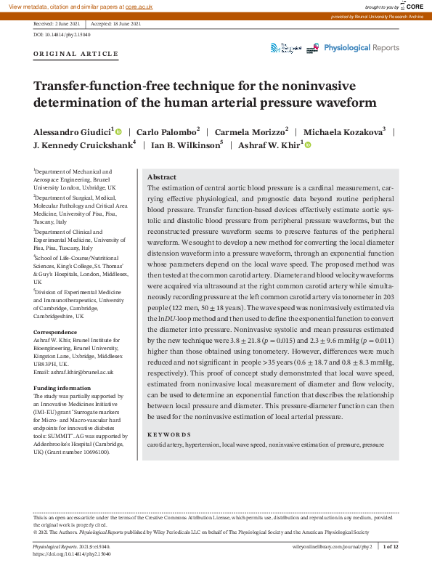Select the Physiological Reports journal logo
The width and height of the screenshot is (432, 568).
tap(361, 48)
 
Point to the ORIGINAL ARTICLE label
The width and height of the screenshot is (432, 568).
tap(76, 54)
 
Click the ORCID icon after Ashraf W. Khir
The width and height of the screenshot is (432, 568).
tap(307, 145)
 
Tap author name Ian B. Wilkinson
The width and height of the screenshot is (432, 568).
tap(185, 145)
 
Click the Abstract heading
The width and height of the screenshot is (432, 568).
tap(162, 177)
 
